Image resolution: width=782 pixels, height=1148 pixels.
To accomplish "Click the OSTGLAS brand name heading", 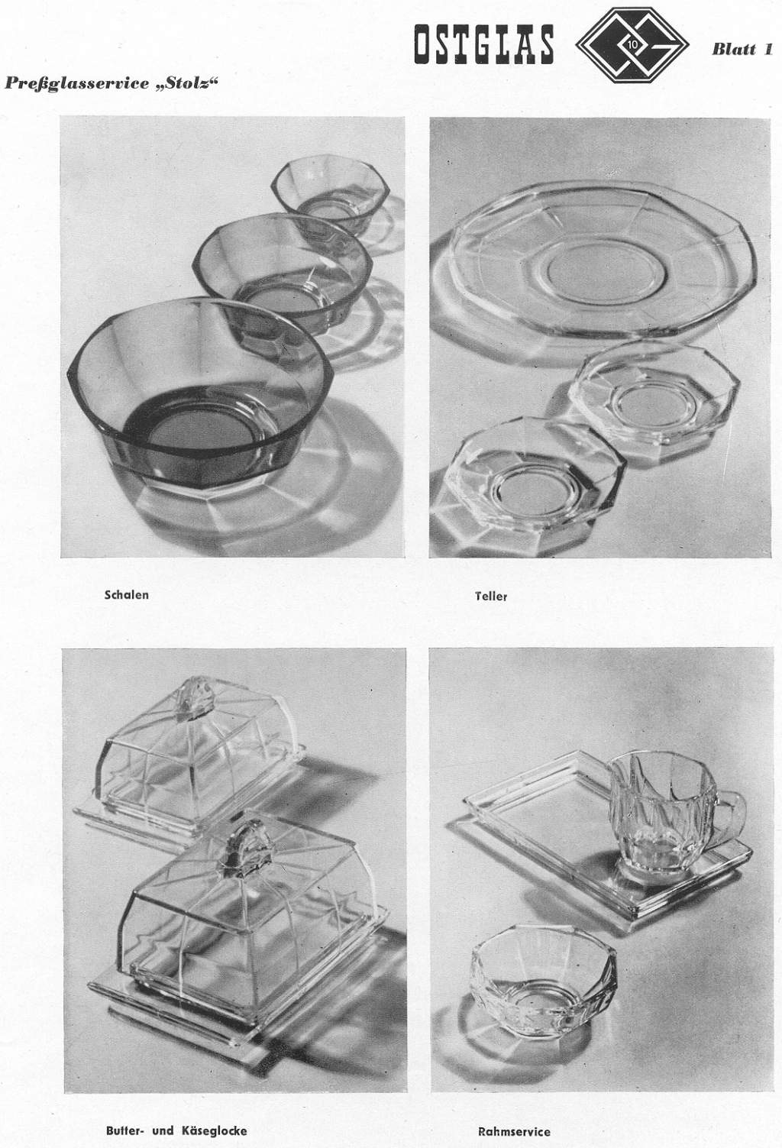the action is click(x=483, y=44).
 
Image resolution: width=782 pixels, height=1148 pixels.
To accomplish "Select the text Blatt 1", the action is click(x=742, y=50).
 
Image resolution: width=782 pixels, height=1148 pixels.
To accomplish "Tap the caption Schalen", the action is click(x=127, y=595).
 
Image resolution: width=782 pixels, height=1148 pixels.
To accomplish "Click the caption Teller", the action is click(x=491, y=596).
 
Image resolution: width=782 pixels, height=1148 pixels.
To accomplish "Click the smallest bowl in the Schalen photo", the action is click(x=331, y=194).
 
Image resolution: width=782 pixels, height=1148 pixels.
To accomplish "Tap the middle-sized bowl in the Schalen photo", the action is click(x=282, y=280).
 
